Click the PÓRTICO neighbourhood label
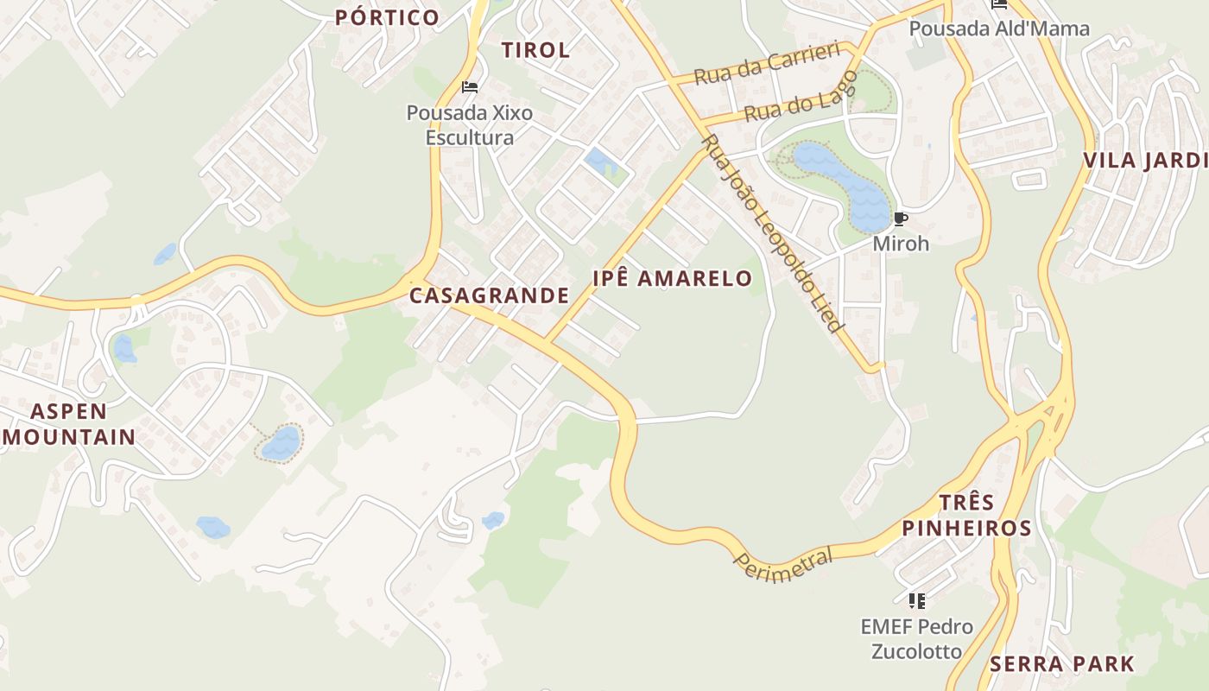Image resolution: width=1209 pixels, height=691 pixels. pyautogui.click(x=387, y=17)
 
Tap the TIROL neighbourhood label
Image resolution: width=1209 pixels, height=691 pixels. pyautogui.click(x=535, y=50)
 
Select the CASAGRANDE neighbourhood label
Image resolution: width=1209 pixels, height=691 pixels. pyautogui.click(x=489, y=295)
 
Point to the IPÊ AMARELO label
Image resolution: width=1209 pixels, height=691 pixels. pyautogui.click(x=672, y=278)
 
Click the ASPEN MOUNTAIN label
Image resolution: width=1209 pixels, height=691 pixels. pyautogui.click(x=70, y=424)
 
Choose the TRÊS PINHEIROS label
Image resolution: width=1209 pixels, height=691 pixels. pyautogui.click(x=967, y=516)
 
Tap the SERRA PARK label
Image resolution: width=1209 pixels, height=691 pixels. pyautogui.click(x=1061, y=664)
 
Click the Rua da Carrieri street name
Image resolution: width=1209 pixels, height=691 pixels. pyautogui.click(x=767, y=63)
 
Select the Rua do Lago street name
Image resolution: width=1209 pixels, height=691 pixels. pyautogui.click(x=801, y=97)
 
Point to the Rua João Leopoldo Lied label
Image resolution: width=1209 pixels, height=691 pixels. pyautogui.click(x=770, y=233)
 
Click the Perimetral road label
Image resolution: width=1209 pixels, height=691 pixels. pyautogui.click(x=783, y=564)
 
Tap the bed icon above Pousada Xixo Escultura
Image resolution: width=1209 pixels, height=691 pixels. pyautogui.click(x=470, y=87)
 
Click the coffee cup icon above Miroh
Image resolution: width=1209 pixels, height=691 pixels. pyautogui.click(x=901, y=219)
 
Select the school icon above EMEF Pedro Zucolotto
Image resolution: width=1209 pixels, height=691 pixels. pyautogui.click(x=916, y=600)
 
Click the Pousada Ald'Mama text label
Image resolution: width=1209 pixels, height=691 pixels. pyautogui.click(x=999, y=29)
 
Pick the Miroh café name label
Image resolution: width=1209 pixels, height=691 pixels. pyautogui.click(x=901, y=244)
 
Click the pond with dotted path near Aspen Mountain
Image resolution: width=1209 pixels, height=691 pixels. pyautogui.click(x=281, y=443)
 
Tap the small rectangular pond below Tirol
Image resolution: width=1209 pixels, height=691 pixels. pyautogui.click(x=598, y=160)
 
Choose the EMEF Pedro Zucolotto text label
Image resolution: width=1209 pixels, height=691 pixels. pyautogui.click(x=916, y=639)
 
